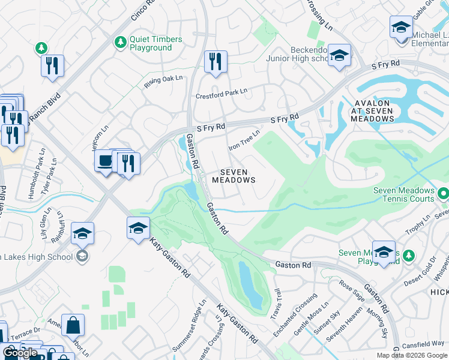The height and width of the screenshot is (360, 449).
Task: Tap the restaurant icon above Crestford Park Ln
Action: click(x=215, y=61)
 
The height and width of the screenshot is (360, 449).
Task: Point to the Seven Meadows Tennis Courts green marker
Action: click(x=443, y=194)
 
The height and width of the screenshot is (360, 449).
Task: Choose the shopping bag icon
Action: click(x=73, y=325)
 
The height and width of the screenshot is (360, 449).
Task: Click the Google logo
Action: click(x=20, y=353)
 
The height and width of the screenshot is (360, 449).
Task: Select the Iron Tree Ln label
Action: click(x=244, y=140)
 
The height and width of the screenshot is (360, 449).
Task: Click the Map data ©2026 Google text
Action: click(x=411, y=355)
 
